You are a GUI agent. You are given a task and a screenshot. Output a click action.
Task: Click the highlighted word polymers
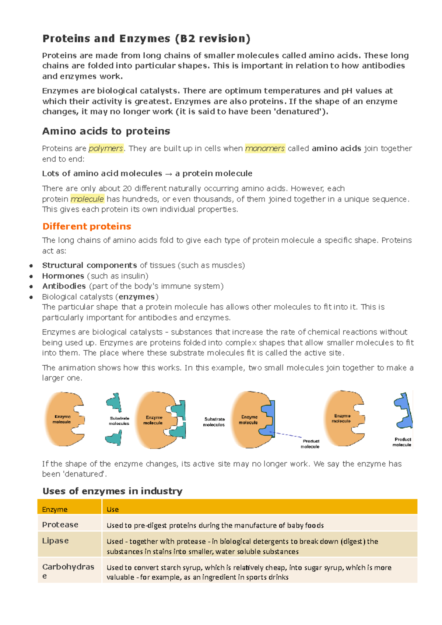click(106, 148)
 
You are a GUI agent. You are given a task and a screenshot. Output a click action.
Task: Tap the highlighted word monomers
click(265, 148)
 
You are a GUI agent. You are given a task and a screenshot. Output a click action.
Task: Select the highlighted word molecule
click(87, 199)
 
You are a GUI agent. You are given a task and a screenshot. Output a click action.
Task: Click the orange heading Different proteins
click(87, 227)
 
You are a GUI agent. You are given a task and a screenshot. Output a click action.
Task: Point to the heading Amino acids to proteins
click(106, 131)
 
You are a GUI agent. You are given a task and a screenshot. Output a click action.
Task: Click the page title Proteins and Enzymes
click(146, 39)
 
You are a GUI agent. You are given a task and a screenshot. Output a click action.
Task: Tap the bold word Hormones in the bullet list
click(63, 276)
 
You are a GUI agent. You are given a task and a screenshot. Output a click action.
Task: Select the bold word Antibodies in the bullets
click(64, 286)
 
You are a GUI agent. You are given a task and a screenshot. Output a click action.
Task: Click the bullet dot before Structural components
click(31, 266)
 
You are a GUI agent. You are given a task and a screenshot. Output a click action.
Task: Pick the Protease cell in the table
click(60, 525)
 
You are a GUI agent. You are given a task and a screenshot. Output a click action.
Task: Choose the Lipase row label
click(55, 541)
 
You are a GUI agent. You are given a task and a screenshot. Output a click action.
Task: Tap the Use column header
click(112, 509)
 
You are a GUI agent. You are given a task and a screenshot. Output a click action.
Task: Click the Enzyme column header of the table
click(55, 509)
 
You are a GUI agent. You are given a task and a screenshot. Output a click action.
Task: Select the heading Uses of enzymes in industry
click(112, 491)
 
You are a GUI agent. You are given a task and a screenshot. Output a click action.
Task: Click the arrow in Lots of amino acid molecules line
click(168, 174)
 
